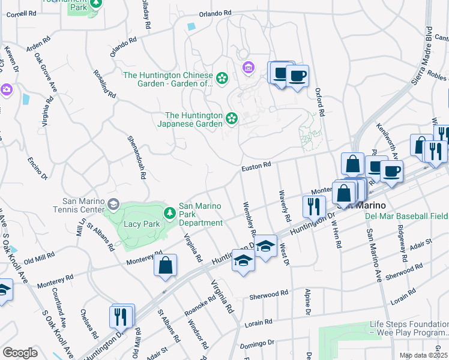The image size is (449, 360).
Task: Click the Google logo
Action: click(20, 353)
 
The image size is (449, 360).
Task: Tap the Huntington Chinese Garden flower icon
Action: click(222, 77)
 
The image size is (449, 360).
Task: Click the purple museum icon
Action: click(248, 67)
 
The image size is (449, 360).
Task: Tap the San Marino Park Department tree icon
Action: click(170, 212)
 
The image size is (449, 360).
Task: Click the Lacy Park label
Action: click(140, 224)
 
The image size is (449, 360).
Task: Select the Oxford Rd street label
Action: click(320, 103)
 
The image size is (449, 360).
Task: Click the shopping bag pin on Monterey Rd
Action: click(165, 266)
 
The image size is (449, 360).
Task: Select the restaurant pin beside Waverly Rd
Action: click(314, 206)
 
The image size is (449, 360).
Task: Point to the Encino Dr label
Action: click(38, 169)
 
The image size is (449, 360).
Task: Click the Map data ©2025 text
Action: click(423, 355)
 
